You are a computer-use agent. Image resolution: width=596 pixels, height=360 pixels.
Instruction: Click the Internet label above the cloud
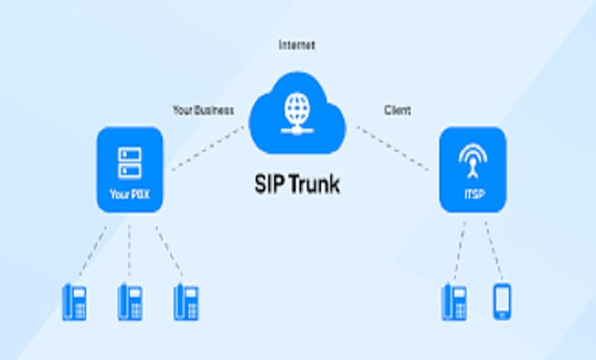(296, 44)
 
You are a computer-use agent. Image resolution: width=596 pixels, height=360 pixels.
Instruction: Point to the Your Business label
(203, 110)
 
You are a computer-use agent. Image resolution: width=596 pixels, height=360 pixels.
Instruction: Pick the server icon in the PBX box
(129, 160)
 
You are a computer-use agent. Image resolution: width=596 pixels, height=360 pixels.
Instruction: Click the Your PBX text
(129, 194)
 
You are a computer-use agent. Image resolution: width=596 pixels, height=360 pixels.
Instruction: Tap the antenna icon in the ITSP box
(472, 159)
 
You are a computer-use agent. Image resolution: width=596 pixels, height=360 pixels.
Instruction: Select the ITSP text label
(472, 194)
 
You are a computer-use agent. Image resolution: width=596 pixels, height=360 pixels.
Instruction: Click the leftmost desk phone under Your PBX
(74, 301)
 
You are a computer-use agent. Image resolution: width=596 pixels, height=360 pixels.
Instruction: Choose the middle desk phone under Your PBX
(130, 301)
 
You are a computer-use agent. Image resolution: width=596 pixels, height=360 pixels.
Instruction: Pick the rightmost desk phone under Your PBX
(185, 301)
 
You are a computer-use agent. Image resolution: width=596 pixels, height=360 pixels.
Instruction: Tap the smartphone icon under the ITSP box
(501, 301)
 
